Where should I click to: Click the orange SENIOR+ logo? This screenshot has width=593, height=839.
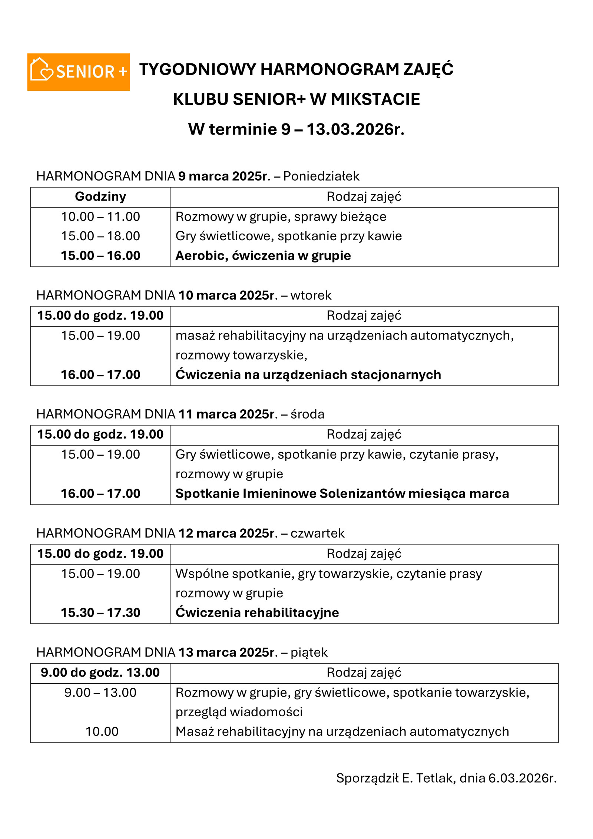tap(78, 72)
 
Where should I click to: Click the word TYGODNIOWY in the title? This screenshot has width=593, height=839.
tap(198, 70)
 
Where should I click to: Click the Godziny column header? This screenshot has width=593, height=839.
tap(100, 196)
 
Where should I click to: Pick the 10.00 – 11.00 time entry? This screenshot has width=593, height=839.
tap(100, 217)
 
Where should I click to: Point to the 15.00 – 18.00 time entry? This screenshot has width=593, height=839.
tap(100, 236)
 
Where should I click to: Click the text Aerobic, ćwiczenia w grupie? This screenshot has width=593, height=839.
tap(263, 256)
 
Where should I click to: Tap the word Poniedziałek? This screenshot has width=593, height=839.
tap(321, 176)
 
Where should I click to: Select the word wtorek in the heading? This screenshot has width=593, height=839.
tap(311, 295)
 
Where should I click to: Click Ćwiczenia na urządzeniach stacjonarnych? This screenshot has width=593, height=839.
tap(308, 375)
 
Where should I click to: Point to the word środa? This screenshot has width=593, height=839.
tap(307, 414)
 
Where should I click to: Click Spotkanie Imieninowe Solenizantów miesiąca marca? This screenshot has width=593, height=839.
tap(342, 494)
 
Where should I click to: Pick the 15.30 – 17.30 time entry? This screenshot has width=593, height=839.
tap(100, 613)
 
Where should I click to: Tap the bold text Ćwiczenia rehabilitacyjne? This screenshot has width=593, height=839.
tap(257, 613)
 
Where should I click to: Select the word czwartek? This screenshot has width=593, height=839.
tap(317, 533)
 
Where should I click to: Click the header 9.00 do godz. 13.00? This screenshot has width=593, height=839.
tap(100, 673)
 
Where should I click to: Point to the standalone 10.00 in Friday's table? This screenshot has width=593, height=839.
tap(102, 732)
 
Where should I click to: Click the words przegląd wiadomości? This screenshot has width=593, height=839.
tap(239, 712)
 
